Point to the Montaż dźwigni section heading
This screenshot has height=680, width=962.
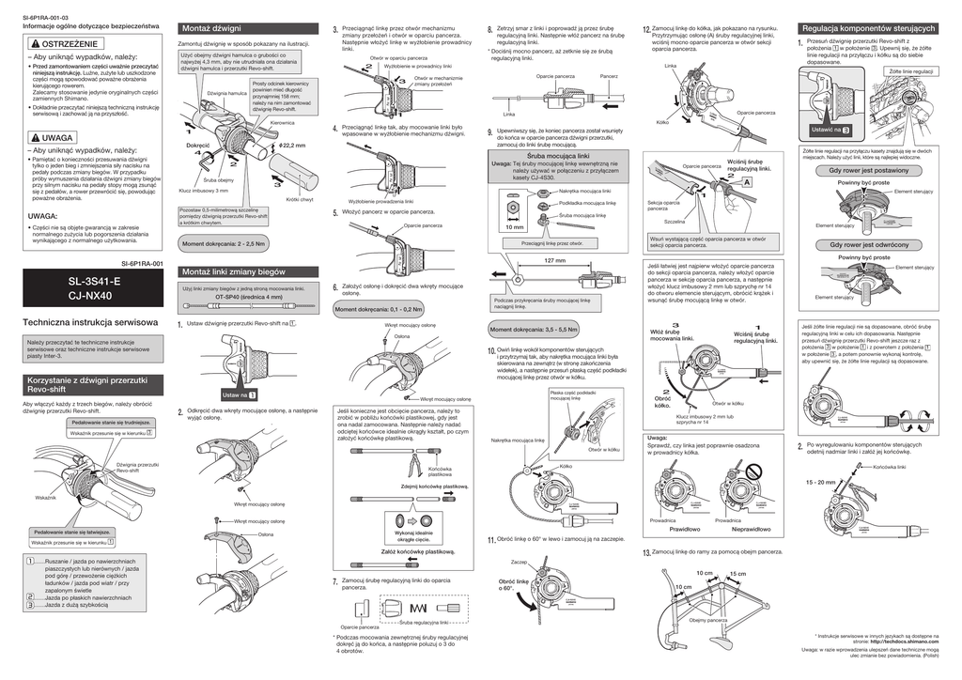211,29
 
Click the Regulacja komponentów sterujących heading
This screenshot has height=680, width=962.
870,29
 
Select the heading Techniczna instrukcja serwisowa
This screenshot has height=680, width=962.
86,322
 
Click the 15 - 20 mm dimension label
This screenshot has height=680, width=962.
819,482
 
